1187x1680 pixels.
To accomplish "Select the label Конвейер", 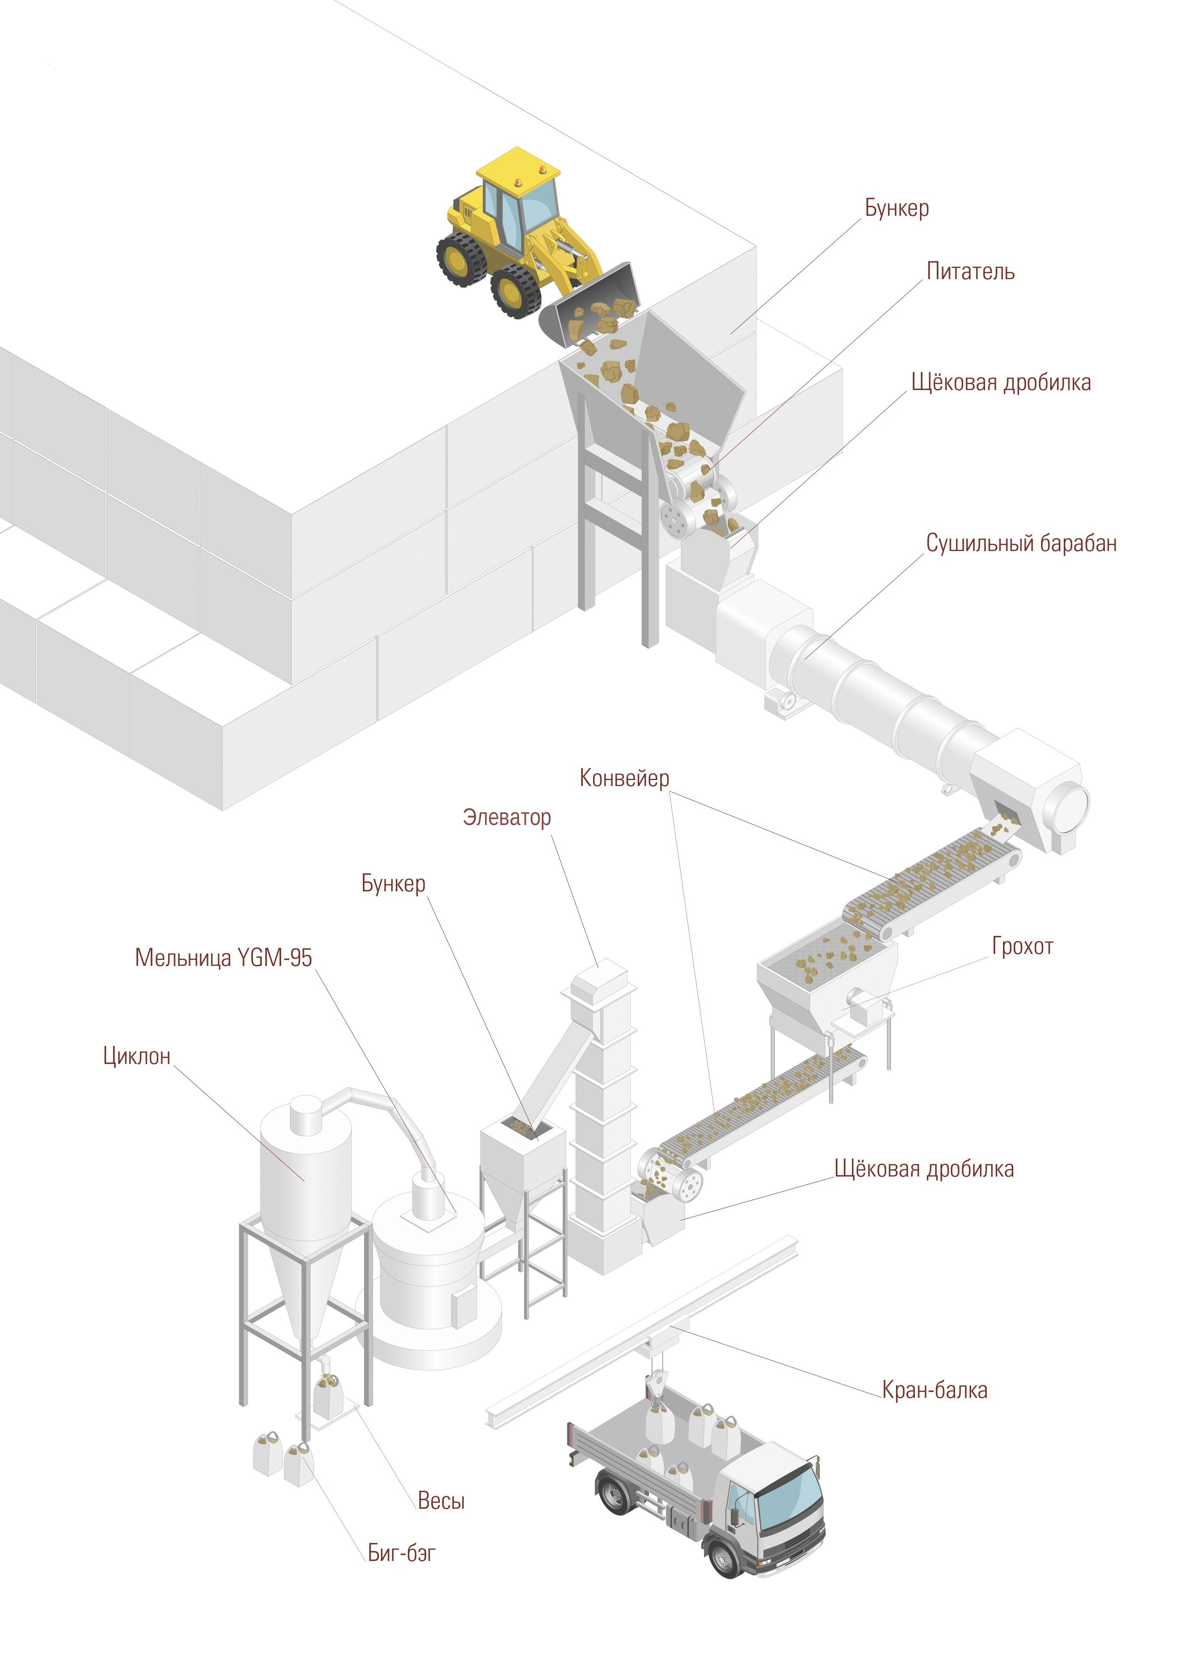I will coord(624,778).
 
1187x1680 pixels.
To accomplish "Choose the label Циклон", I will coord(137,1056).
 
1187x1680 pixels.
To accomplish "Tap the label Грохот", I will coord(1022,946).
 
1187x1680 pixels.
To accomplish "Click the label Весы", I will coord(441,1500).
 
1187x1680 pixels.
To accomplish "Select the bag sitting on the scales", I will coord(328,1394).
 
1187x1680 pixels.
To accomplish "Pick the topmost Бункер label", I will coord(896,209).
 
